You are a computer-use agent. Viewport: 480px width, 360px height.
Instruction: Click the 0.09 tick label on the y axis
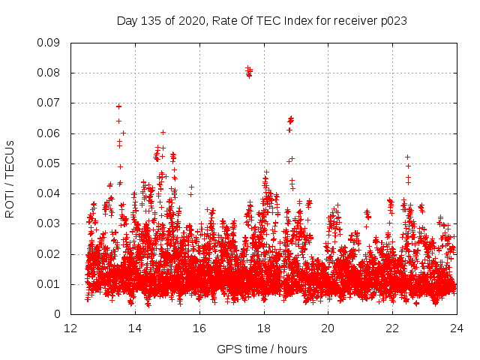(49, 43)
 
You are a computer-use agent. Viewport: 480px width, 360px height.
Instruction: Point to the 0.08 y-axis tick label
(49, 73)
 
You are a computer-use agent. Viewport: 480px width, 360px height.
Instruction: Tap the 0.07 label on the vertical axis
(49, 103)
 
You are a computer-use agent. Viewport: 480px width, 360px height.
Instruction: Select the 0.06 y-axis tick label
(49, 133)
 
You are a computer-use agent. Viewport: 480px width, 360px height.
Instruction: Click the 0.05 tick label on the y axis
(49, 163)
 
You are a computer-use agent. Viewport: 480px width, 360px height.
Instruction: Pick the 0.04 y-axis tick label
(49, 193)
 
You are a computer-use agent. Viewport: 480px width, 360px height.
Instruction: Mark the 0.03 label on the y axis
(49, 223)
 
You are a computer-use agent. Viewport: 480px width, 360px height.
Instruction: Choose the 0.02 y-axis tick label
(49, 253)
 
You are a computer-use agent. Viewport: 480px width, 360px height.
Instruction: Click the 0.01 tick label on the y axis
(49, 284)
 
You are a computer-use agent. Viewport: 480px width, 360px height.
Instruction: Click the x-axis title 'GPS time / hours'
(262, 349)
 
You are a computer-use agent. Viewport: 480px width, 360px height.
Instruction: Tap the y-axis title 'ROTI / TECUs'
(10, 178)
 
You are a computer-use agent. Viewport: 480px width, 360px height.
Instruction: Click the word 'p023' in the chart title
(393, 20)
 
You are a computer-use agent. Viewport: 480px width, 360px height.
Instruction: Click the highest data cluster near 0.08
(249, 72)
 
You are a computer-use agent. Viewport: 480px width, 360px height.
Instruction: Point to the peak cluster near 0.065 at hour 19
(291, 120)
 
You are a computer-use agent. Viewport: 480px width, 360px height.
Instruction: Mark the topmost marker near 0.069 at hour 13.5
(118, 106)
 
